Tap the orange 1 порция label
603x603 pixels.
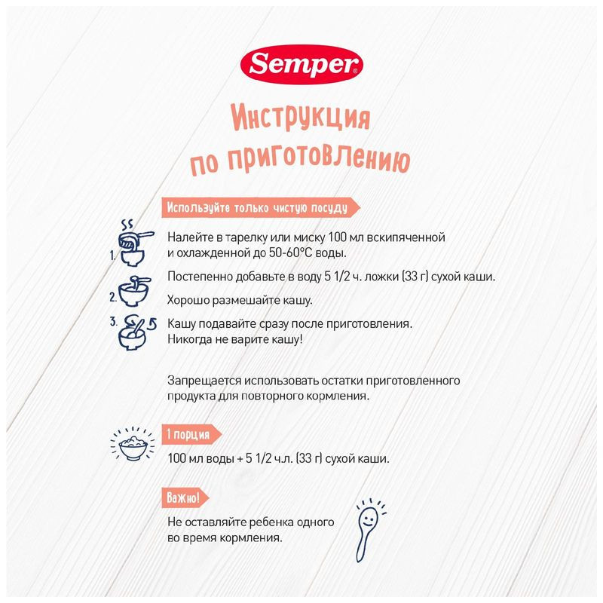coord(191,434)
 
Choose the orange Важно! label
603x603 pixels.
coord(184,498)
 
